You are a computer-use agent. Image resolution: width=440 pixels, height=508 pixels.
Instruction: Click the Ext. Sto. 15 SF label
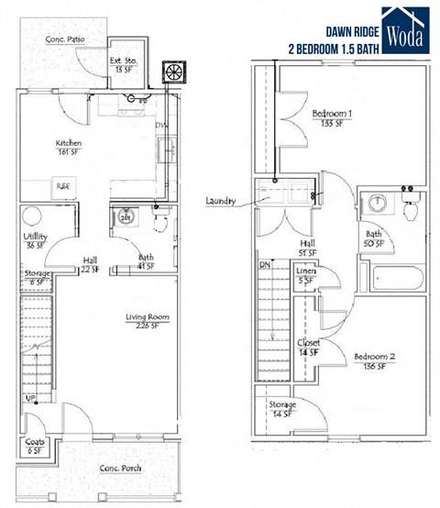point(124,64)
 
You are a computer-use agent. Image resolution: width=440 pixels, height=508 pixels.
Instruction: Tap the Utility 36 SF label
point(36,240)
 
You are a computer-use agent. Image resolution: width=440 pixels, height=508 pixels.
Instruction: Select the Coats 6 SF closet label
point(35,447)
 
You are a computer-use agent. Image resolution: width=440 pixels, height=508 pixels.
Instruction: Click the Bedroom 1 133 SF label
point(331,118)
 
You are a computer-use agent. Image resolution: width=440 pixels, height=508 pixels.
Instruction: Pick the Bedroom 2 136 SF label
point(374,359)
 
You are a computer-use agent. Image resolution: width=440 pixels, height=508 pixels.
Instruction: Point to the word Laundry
point(224,201)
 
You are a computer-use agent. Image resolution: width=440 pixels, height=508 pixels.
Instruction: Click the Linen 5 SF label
point(306,276)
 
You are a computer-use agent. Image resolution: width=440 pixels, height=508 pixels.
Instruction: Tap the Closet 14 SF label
point(309,348)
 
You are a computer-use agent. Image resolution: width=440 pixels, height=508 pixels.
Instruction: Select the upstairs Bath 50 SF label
point(377,238)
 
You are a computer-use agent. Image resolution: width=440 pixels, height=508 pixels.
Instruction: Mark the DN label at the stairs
point(266,265)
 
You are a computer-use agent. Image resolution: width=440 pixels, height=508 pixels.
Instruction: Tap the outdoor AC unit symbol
point(172,72)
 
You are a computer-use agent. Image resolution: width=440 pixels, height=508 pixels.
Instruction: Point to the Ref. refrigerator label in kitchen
point(64,185)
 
